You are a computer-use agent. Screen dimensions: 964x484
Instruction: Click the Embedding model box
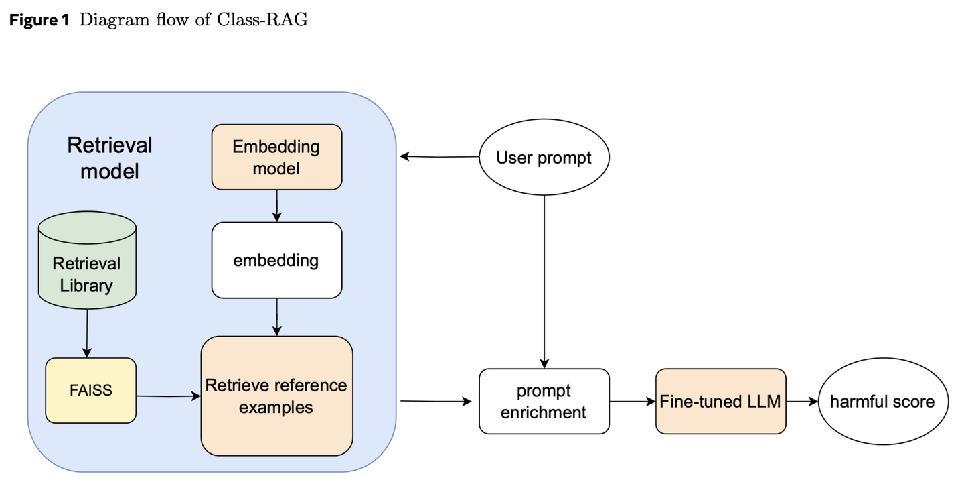click(x=276, y=157)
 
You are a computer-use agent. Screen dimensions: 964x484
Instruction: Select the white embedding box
click(x=276, y=260)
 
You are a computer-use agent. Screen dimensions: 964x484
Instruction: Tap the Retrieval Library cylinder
click(x=87, y=260)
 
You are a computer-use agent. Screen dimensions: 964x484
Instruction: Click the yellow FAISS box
click(x=91, y=390)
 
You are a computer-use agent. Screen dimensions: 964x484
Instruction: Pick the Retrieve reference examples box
click(x=276, y=396)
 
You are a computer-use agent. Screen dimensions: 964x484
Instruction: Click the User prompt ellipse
click(x=544, y=157)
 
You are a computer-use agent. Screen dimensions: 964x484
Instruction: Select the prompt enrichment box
click(x=544, y=402)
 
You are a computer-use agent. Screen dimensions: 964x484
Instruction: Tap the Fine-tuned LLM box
click(x=721, y=402)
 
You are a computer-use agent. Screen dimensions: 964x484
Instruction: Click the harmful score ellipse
click(x=883, y=402)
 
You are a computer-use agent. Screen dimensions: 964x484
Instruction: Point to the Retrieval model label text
click(x=110, y=158)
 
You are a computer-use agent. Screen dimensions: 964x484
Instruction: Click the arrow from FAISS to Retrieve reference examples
click(x=169, y=396)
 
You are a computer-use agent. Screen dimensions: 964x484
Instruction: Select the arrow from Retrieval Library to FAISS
click(x=87, y=334)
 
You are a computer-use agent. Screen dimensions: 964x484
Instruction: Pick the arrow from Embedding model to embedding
click(x=276, y=206)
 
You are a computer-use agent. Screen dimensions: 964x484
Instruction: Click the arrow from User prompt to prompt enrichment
click(x=544, y=282)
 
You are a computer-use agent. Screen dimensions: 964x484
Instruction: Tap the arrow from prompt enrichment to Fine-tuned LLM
click(x=633, y=402)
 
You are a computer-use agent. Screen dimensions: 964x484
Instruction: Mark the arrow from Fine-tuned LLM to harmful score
click(x=802, y=402)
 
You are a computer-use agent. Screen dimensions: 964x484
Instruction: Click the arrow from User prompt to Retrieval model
click(x=439, y=156)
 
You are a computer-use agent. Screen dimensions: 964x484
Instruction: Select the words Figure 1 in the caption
click(x=39, y=20)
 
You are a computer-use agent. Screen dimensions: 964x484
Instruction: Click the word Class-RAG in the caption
click(x=262, y=20)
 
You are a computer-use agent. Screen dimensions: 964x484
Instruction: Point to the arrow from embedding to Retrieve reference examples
click(x=276, y=317)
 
